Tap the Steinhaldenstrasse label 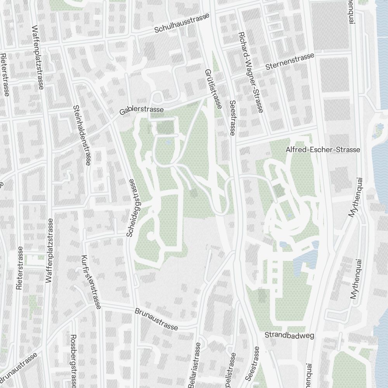[x=81, y=135]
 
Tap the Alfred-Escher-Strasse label [x=323, y=150]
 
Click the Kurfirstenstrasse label [x=91, y=282]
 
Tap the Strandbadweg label [x=289, y=335]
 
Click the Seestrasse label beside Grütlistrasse [x=232, y=118]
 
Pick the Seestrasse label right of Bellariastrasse [x=253, y=363]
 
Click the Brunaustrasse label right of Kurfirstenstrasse [x=156, y=319]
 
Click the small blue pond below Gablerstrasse [x=168, y=142]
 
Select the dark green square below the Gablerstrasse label [x=166, y=127]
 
